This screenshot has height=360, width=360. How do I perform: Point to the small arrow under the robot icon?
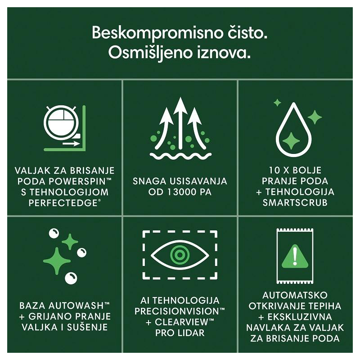point(71,144)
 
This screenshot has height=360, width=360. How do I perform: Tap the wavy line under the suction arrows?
point(180,156)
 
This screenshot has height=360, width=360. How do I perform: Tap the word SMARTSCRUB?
point(295,203)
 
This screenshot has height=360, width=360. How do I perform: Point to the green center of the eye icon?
point(180,255)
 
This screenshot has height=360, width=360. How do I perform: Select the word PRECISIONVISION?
point(177,311)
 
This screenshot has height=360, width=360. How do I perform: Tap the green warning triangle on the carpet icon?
point(295,256)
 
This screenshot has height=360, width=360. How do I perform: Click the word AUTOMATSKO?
point(295,295)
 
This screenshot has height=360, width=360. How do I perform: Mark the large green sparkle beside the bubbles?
point(57,261)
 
